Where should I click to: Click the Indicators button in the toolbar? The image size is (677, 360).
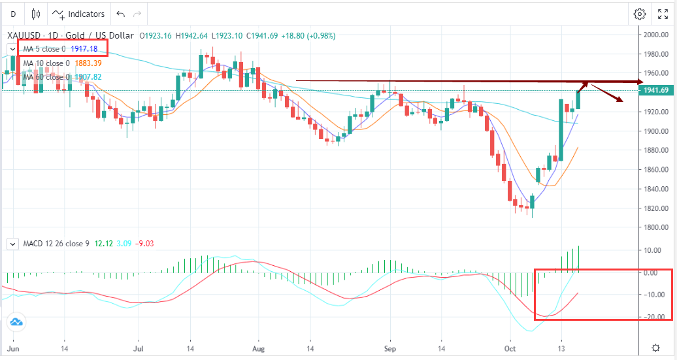click(x=78, y=14)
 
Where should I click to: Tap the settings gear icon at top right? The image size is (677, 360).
click(x=640, y=14)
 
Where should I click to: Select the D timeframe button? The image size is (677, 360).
click(x=13, y=14)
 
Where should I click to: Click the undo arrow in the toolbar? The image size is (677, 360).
click(x=120, y=14)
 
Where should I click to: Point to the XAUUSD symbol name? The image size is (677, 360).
click(x=25, y=36)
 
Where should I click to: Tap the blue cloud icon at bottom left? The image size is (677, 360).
click(x=16, y=321)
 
